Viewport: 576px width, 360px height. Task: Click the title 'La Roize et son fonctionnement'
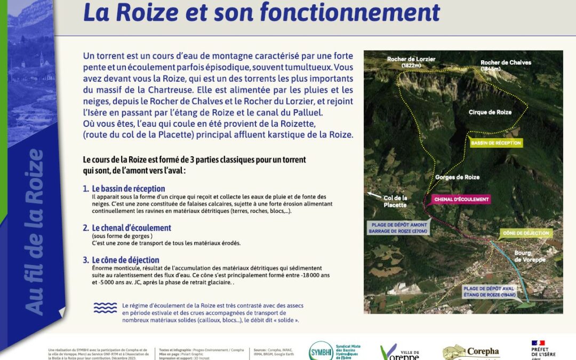(x=261, y=13)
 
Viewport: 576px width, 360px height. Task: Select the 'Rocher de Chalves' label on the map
(x=506, y=65)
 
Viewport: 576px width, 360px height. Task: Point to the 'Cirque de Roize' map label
(x=490, y=113)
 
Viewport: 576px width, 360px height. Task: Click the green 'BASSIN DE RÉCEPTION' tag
(x=495, y=143)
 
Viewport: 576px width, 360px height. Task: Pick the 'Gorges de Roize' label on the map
(x=457, y=177)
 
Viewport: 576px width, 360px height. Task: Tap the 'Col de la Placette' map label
(x=395, y=202)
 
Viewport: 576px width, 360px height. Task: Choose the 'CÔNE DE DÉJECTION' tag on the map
(x=525, y=233)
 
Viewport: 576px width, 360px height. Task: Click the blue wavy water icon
(x=105, y=308)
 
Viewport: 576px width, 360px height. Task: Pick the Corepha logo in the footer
(x=471, y=352)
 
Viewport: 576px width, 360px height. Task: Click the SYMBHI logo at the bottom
(x=321, y=351)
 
